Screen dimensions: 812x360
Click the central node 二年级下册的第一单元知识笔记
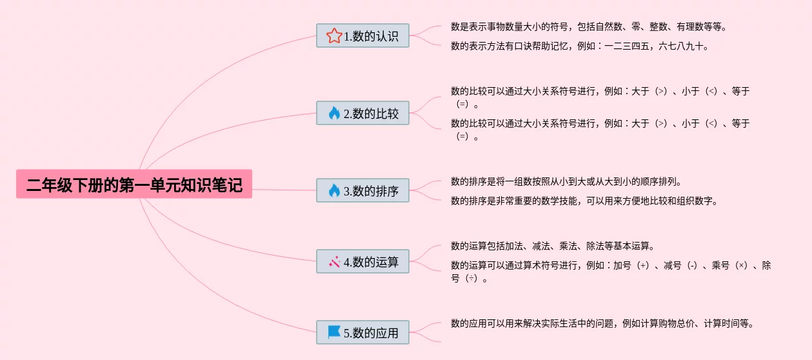tap(134, 185)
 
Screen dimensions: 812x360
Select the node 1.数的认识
tap(362, 36)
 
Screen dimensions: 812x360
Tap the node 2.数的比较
tap(362, 114)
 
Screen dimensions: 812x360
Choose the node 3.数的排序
tap(362, 191)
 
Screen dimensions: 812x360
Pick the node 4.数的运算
tap(362, 262)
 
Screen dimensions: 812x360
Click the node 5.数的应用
tap(362, 333)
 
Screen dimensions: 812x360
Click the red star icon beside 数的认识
tap(333, 36)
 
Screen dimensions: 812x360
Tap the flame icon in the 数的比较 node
tap(333, 114)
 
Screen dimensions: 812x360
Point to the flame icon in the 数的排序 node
tap(333, 191)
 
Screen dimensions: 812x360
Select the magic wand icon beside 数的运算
tap(333, 262)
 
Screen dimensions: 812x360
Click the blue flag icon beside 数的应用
tap(333, 332)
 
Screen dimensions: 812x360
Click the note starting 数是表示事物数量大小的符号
tap(589, 27)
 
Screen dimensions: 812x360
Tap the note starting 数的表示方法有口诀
tap(580, 46)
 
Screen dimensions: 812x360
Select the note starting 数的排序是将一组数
tap(566, 181)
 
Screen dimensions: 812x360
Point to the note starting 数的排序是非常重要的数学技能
tap(584, 201)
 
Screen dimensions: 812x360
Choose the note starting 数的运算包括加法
tap(553, 246)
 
